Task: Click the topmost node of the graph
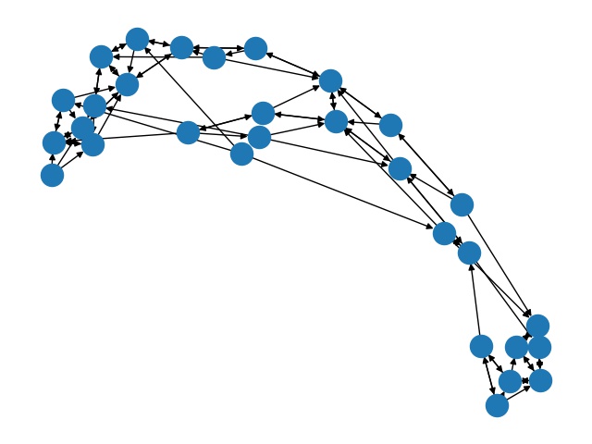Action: [x=137, y=39]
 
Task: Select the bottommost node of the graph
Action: [x=497, y=405]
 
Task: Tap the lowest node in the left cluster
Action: [x=53, y=175]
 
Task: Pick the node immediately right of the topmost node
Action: [x=181, y=47]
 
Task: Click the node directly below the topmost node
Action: [x=127, y=84]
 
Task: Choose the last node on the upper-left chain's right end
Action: [x=256, y=48]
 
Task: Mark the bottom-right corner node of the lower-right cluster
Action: [x=540, y=380]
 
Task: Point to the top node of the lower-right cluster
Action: [x=537, y=326]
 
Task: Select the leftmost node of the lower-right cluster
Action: [x=481, y=346]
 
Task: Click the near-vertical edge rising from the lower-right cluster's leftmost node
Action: [x=475, y=305]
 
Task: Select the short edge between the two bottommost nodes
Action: [x=503, y=393]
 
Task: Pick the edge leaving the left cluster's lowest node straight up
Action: [x=53, y=159]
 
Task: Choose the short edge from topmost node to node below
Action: [x=132, y=61]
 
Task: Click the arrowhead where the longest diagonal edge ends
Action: [x=432, y=227]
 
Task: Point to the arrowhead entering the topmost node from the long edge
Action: [x=145, y=47]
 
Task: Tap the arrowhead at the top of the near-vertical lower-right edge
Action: [x=471, y=266]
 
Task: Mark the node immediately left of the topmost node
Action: [x=101, y=56]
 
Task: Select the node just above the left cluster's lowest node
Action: [x=54, y=142]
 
